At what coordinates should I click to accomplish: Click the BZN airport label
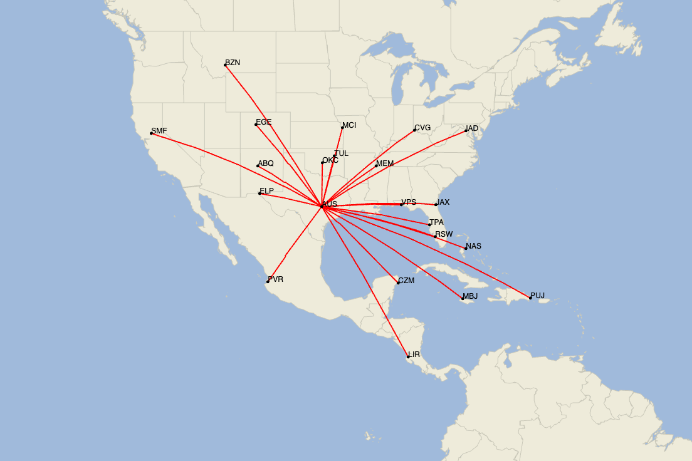click(x=233, y=63)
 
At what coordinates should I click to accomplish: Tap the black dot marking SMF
click(x=152, y=133)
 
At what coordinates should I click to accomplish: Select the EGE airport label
click(x=264, y=122)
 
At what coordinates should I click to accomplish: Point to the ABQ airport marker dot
click(x=258, y=166)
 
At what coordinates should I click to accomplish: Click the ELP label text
click(x=266, y=191)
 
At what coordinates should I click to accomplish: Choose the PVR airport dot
click(x=268, y=282)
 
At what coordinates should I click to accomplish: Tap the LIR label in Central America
click(x=414, y=355)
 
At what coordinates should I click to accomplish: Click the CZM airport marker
click(x=398, y=283)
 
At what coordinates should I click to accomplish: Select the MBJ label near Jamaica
click(x=470, y=296)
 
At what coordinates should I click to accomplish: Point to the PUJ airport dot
click(x=530, y=298)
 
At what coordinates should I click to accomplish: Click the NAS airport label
click(x=474, y=246)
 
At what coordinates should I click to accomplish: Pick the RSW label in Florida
click(x=444, y=234)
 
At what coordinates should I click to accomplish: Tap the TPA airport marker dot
click(x=429, y=225)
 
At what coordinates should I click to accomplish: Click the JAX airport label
click(x=443, y=202)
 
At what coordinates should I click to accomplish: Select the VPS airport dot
click(x=401, y=205)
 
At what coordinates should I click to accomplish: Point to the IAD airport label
click(x=472, y=128)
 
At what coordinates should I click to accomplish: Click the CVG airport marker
click(x=414, y=130)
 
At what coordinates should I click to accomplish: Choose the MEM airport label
click(x=385, y=163)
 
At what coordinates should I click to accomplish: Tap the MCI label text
click(x=349, y=125)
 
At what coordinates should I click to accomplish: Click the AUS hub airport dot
click(x=322, y=206)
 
